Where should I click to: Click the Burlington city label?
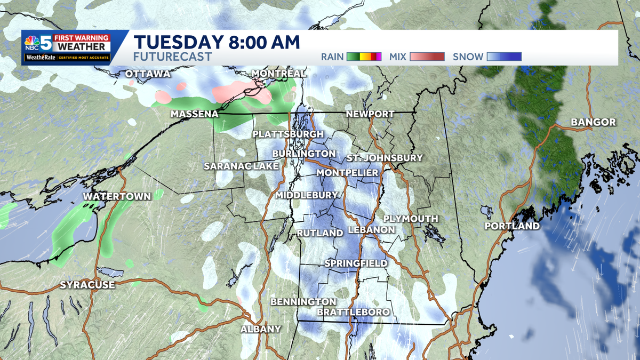303,154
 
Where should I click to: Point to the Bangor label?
593,123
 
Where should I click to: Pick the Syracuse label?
87,285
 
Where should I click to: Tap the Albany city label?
260,329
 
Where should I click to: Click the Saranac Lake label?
241,166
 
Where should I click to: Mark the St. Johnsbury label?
384,158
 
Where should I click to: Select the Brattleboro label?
353,312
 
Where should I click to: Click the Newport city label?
370,114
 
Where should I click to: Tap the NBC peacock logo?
31,43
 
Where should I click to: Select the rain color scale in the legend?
364,57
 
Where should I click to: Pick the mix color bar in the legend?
427,57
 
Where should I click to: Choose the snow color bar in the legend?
505,57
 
